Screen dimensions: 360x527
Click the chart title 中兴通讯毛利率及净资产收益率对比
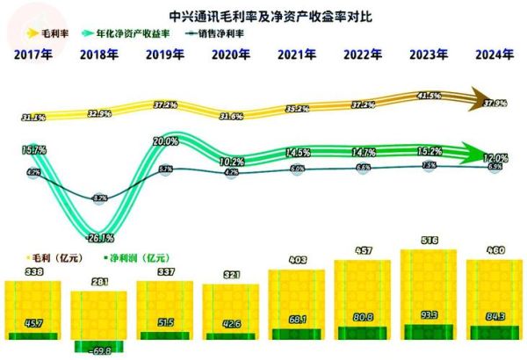[263, 15]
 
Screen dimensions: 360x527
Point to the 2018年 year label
[98, 55]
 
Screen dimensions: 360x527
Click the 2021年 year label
[297, 55]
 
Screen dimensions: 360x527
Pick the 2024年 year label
[494, 55]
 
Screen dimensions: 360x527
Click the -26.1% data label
[99, 237]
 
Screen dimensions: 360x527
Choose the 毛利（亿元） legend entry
[33, 261]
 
